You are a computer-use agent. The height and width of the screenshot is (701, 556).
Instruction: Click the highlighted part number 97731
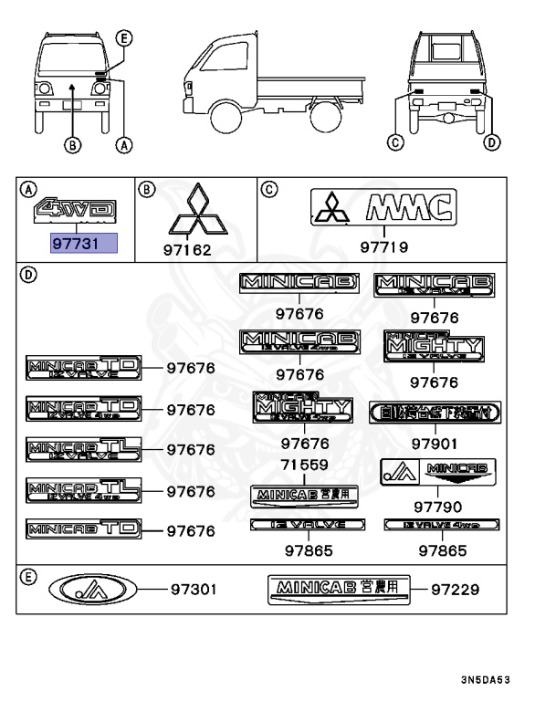coord(83,242)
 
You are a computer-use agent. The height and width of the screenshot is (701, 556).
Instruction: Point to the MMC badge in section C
coord(383,208)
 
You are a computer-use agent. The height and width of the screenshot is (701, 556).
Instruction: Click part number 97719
coord(383,246)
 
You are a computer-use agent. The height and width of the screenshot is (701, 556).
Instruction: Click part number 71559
coord(304,466)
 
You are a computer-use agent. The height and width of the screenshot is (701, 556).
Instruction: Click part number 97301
coord(193,590)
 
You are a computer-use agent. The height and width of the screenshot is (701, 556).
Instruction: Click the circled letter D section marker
coord(28,275)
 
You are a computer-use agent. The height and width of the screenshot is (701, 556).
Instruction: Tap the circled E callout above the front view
coord(125,37)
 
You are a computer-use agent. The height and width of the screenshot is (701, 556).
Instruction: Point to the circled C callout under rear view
coord(395,141)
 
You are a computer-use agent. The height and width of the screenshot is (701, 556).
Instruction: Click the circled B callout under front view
coord(72,143)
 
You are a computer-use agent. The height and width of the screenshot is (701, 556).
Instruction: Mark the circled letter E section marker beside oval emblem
coord(28,578)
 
